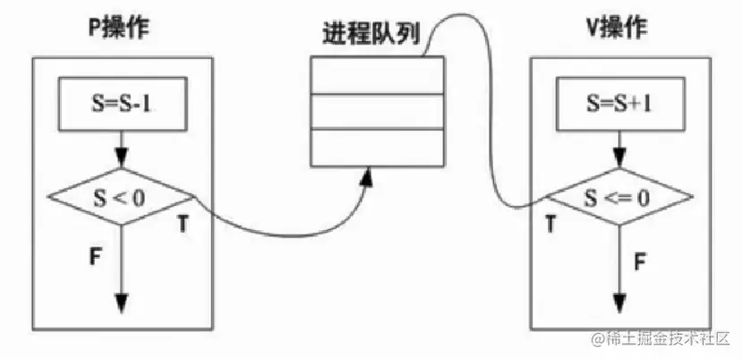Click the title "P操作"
point(119,28)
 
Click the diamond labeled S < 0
point(121,195)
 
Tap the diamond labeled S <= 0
point(617,195)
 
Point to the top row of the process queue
point(377,73)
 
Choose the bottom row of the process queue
point(377,147)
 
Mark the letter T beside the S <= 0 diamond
point(550,225)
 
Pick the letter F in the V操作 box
point(640,261)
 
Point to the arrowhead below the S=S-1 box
point(121,158)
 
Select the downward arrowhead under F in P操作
point(121,303)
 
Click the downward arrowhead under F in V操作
point(617,303)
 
